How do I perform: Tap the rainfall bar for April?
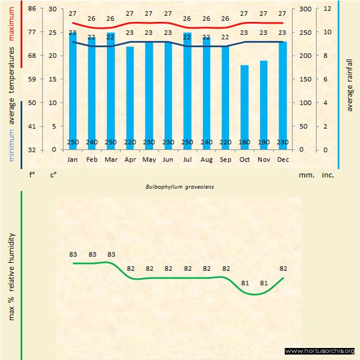[x=130, y=98]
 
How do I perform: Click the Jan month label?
[x=73, y=159]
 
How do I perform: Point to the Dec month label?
[x=283, y=159]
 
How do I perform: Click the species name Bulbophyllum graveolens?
[x=179, y=187]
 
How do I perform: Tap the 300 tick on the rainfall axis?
[x=305, y=9]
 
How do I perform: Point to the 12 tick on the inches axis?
[x=327, y=9]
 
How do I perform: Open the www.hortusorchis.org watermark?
[x=320, y=351]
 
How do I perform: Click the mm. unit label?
[x=305, y=175]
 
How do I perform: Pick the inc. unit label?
[x=327, y=175]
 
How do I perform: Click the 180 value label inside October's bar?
[x=244, y=143]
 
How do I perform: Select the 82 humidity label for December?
[x=283, y=268]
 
